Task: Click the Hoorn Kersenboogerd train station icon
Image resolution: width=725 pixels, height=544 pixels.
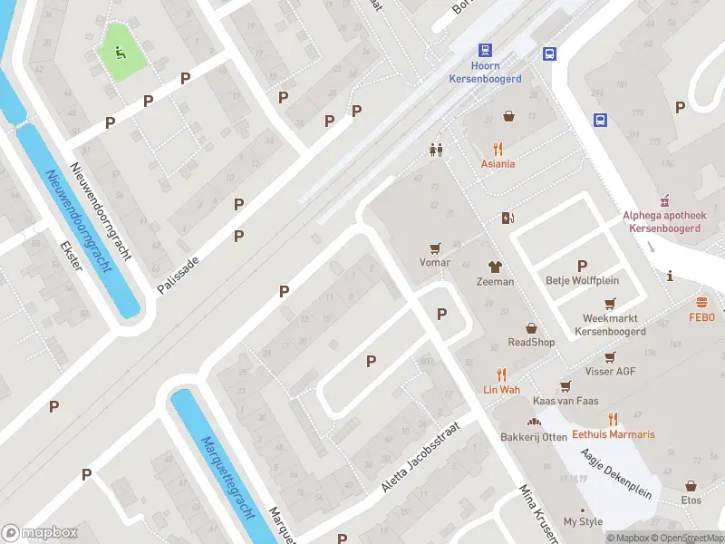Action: click(486, 51)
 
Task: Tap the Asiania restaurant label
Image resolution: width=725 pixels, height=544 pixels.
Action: click(498, 164)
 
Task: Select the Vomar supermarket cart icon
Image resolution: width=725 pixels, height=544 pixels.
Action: click(435, 248)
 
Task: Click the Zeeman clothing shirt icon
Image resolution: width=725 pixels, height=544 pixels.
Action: click(495, 267)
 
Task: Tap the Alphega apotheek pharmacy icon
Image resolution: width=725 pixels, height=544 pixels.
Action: click(662, 199)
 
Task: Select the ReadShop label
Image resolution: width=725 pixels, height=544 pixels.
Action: click(531, 342)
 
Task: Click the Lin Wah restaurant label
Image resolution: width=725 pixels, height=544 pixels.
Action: click(500, 389)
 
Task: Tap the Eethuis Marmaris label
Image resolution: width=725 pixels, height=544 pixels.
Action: click(613, 434)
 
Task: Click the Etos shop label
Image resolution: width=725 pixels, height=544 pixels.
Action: click(691, 500)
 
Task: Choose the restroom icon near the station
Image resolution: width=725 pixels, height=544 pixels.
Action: click(437, 151)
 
